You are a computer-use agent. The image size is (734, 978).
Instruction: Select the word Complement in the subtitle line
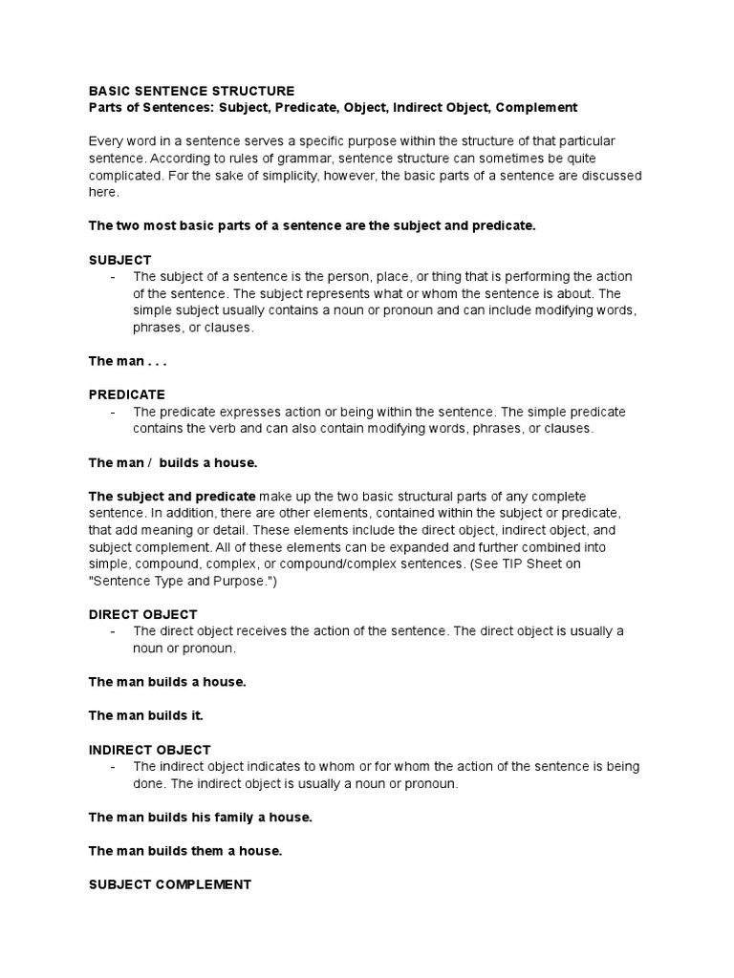pyautogui.click(x=537, y=108)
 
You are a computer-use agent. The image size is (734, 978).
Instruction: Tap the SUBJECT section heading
pyautogui.click(x=119, y=260)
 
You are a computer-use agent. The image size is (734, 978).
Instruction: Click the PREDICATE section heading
pyautogui.click(x=127, y=394)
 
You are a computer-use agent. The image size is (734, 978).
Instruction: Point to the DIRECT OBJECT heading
pyautogui.click(x=142, y=614)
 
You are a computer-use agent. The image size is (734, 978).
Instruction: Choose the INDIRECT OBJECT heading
pyautogui.click(x=150, y=750)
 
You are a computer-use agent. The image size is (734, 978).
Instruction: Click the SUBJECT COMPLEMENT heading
pyautogui.click(x=170, y=884)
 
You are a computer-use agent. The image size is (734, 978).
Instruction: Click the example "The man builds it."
pyautogui.click(x=146, y=715)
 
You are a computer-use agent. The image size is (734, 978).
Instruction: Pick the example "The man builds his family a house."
pyautogui.click(x=201, y=818)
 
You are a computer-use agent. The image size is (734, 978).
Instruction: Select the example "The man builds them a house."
pyautogui.click(x=185, y=850)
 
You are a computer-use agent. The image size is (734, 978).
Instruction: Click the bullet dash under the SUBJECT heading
pyautogui.click(x=114, y=277)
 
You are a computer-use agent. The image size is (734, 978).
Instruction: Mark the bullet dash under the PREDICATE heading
pyautogui.click(x=114, y=412)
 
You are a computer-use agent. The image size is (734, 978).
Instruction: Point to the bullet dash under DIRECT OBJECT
pyautogui.click(x=114, y=631)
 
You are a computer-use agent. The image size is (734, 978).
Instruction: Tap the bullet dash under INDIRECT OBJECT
pyautogui.click(x=114, y=767)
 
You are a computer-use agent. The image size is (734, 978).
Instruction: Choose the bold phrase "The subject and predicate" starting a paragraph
pyautogui.click(x=172, y=497)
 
